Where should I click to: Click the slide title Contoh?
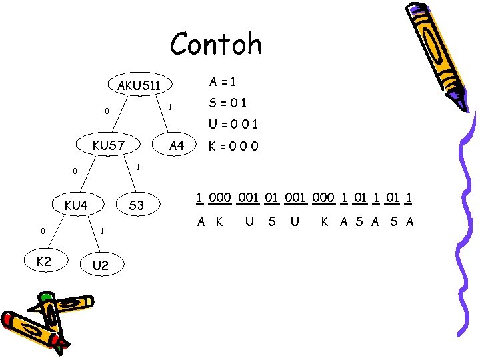216,45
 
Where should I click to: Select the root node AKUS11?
139,85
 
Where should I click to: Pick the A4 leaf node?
177,145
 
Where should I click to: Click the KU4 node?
76,205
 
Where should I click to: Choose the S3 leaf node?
136,205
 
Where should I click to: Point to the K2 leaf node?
43,262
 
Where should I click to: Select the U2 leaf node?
101,265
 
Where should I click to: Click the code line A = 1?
222,82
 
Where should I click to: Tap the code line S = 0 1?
228,103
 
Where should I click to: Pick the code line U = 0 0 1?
233,124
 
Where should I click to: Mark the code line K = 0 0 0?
233,145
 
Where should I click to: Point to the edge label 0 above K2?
42,231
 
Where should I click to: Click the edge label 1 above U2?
101,231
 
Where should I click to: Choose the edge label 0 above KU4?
75,171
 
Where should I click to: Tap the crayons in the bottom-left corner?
44,320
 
